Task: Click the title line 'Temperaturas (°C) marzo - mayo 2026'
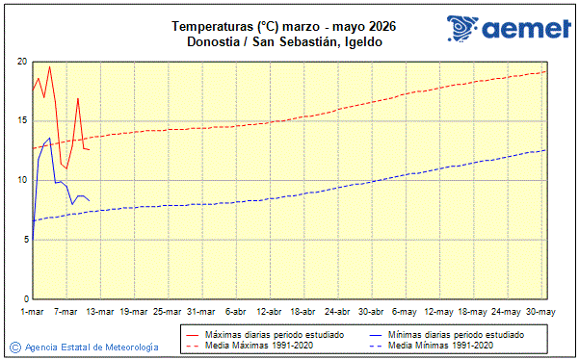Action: tap(283, 26)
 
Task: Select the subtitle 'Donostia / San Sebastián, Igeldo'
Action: tap(283, 41)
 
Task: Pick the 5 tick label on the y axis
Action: tap(23, 240)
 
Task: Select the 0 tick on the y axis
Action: tap(23, 299)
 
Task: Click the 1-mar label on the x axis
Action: tap(34, 311)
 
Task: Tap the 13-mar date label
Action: tap(100, 311)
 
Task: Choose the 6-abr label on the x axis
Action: tap(235, 311)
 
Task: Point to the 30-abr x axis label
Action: tap(371, 311)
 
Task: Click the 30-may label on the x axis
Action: tap(540, 311)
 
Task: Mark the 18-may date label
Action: tap(472, 311)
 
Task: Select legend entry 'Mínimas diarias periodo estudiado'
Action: tap(453, 334)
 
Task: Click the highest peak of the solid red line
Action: tap(49, 66)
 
